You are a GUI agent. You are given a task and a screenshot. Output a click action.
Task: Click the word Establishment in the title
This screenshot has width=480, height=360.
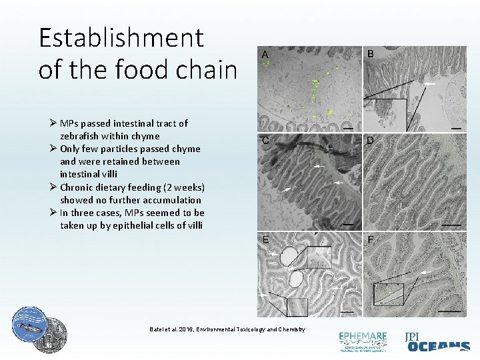coord(121,38)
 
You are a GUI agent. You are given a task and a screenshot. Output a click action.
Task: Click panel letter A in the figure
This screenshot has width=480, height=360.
coord(265,54)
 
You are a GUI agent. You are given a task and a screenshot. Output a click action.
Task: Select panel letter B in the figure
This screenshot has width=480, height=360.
coord(371,54)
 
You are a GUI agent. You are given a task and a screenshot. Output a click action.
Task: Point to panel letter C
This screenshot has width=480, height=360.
coord(265,141)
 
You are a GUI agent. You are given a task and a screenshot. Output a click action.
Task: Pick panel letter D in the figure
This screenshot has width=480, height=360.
coord(371,141)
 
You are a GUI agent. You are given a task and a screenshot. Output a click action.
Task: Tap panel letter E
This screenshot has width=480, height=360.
coord(265,239)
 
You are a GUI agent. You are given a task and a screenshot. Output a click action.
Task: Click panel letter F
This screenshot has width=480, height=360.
coord(371,239)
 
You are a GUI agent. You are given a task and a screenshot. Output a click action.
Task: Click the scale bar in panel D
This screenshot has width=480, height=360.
coord(451,225)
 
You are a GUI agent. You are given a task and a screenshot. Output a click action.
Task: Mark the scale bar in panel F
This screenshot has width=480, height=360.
coord(451,311)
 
